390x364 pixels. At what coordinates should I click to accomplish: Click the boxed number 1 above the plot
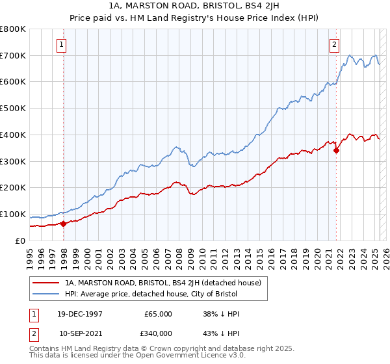pos(60,45)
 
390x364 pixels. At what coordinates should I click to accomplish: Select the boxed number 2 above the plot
pos(334,45)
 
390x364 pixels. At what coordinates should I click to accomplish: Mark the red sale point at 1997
pos(64,224)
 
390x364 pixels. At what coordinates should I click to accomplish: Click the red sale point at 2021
pos(336,151)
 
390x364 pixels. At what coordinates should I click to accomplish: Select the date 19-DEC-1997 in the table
pos(81,314)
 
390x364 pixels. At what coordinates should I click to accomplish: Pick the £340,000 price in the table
pos(159,333)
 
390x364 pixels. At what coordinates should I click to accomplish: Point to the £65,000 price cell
pos(159,314)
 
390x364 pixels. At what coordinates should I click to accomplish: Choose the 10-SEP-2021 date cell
pos(81,333)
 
